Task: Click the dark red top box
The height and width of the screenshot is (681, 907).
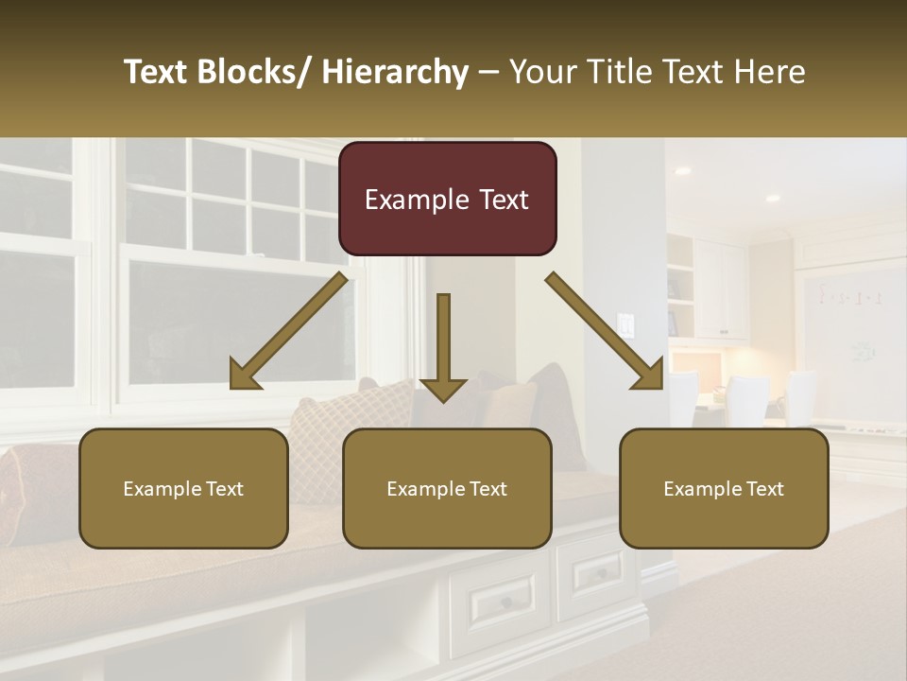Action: pyautogui.click(x=447, y=199)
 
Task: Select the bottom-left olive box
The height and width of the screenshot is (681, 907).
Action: pyautogui.click(x=183, y=488)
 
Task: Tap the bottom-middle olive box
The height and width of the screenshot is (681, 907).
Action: pyautogui.click(x=447, y=488)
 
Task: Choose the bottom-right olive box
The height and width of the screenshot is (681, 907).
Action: pyautogui.click(x=724, y=488)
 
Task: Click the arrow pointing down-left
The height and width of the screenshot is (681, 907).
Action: pyautogui.click(x=288, y=331)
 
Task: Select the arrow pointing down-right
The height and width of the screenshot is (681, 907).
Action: pyautogui.click(x=605, y=331)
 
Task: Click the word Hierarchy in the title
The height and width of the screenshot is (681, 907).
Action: pyautogui.click(x=395, y=72)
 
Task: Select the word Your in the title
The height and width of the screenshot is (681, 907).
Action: pyautogui.click(x=541, y=72)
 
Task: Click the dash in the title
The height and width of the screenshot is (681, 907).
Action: pyautogui.click(x=488, y=72)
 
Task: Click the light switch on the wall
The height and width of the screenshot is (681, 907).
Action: pyautogui.click(x=625, y=325)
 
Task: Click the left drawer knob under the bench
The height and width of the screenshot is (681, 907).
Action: pyautogui.click(x=506, y=602)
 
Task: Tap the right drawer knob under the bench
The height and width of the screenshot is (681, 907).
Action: pyautogui.click(x=602, y=573)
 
